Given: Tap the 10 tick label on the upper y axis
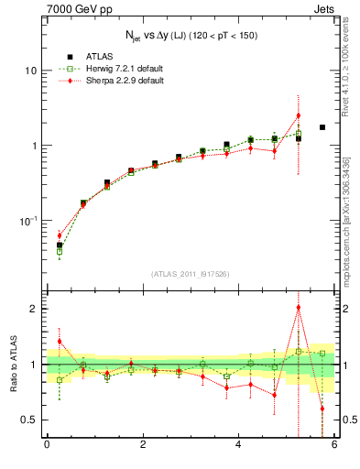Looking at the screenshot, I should coord(30,71).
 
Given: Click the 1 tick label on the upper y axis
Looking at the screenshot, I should coord(34,146).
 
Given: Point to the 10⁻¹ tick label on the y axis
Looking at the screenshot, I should coord(28,221).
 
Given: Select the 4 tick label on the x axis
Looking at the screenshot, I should coord(238,446).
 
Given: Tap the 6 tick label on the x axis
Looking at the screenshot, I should coord(334,446).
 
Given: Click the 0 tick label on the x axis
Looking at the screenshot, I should coord(47,446).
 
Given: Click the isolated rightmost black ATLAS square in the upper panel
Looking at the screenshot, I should coord(322,127).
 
